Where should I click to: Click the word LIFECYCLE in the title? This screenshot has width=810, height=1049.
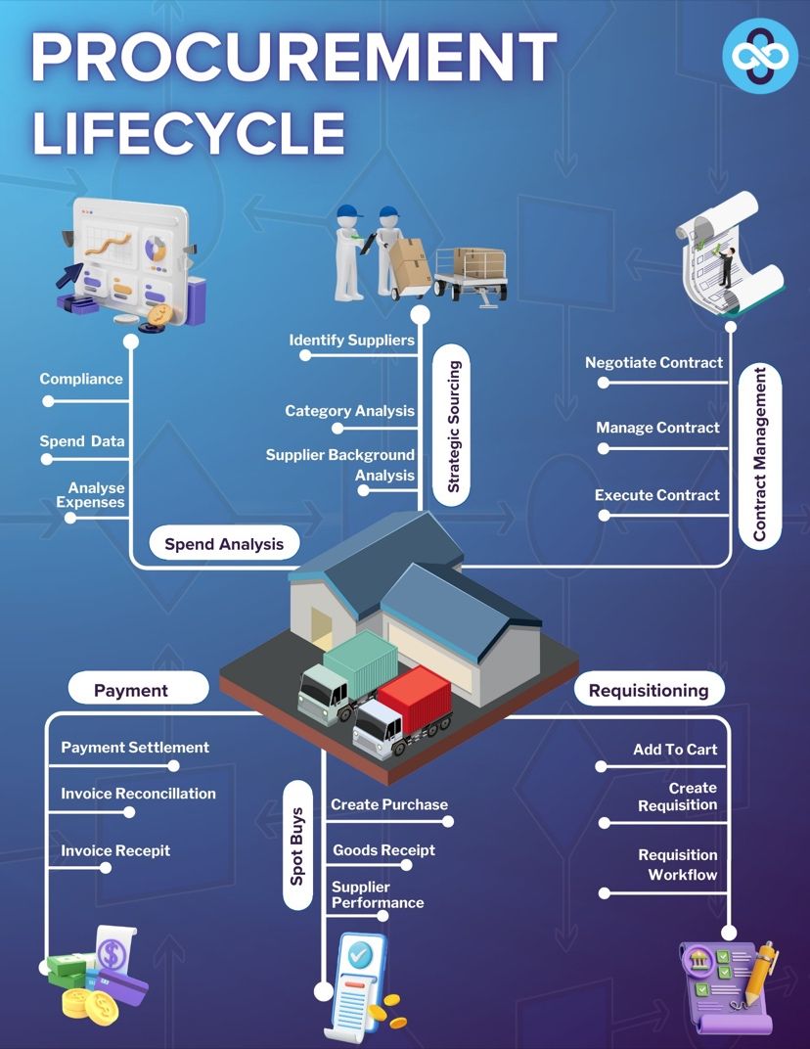tap(189, 132)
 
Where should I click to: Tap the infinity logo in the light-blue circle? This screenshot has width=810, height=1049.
tap(760, 55)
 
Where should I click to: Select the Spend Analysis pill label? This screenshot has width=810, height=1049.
tap(224, 544)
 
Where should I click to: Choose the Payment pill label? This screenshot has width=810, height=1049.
tap(131, 691)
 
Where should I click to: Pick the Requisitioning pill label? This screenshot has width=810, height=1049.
tap(649, 691)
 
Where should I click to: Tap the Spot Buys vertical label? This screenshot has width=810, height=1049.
tap(297, 846)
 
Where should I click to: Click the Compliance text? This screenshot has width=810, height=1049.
tap(81, 379)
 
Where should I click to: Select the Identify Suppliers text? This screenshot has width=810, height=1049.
tap(352, 340)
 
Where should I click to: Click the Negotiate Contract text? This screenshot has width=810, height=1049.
tap(653, 363)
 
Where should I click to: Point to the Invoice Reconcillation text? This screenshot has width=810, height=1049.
tap(139, 794)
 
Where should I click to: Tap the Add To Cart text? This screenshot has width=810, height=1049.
tap(675, 750)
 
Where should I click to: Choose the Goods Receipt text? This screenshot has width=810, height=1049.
tap(383, 849)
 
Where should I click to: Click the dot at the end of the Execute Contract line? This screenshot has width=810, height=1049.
tap(604, 516)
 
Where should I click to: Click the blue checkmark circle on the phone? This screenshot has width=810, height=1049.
tap(360, 953)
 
